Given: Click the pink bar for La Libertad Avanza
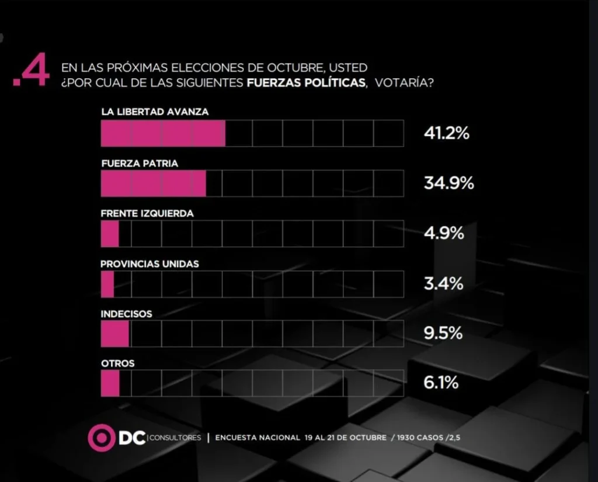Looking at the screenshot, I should [x=163, y=133].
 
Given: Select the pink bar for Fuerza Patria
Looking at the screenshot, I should [x=153, y=183].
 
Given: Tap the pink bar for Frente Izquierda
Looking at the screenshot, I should [x=110, y=234].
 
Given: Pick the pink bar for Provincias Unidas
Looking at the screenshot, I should [x=107, y=284].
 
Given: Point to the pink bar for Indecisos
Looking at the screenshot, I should [x=114, y=334].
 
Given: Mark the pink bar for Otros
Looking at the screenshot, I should [x=110, y=383].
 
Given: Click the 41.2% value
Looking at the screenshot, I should [x=446, y=134].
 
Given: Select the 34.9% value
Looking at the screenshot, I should [x=448, y=183].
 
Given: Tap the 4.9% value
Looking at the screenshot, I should [x=444, y=234].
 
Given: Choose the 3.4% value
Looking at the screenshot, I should [x=443, y=284].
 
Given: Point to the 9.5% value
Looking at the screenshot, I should [x=443, y=334].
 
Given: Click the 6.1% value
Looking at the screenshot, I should [x=441, y=383].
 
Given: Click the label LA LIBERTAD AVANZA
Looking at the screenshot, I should [x=155, y=112].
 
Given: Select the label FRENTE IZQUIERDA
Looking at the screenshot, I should [x=147, y=214].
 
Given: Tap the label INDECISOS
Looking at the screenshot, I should [x=126, y=314].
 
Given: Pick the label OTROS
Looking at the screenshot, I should [x=117, y=363].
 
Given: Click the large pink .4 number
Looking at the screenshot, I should [x=32, y=74].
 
